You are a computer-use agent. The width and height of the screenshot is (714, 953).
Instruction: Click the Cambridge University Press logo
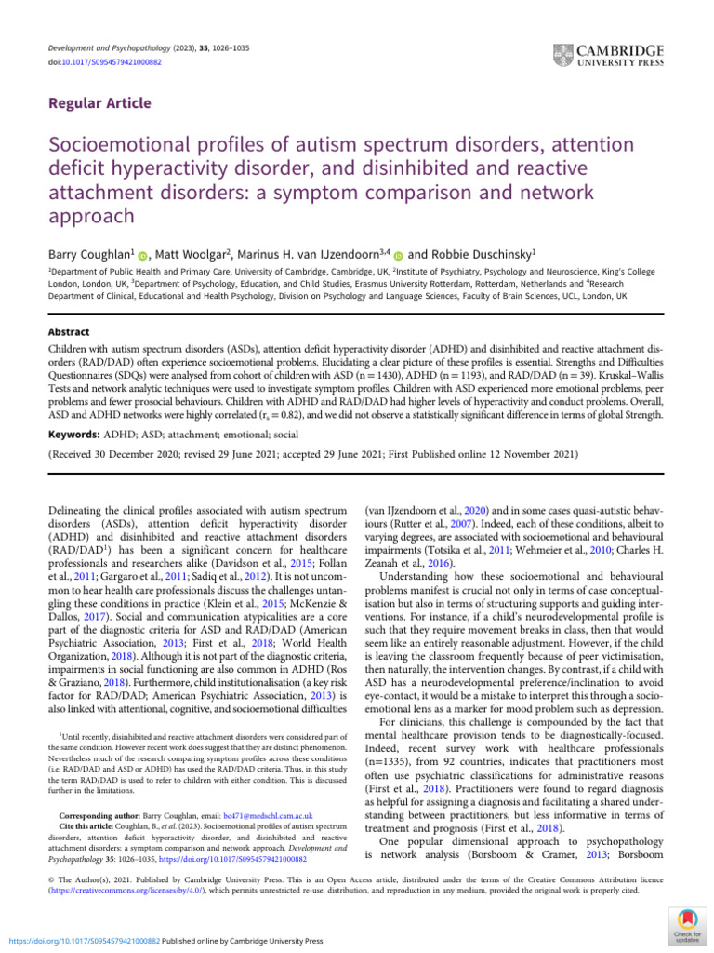[608, 55]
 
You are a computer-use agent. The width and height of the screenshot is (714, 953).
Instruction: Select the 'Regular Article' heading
[99, 103]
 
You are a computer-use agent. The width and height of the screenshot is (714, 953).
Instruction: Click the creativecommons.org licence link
[122, 890]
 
